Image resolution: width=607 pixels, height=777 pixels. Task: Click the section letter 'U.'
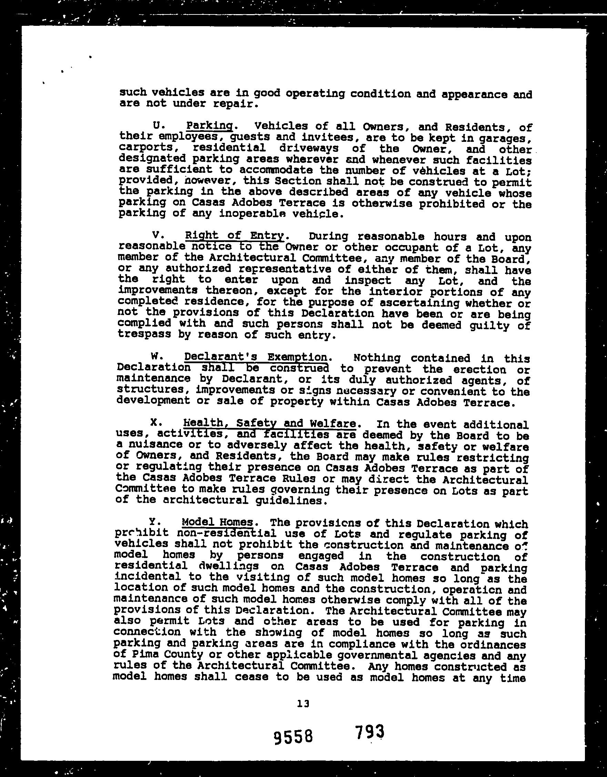tap(158, 126)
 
